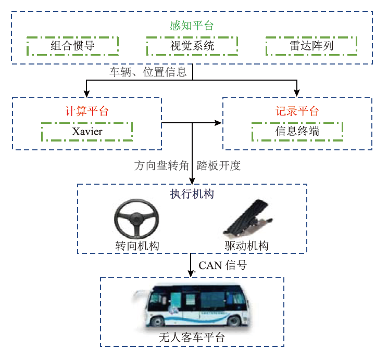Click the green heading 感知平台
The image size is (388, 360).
coord(192,25)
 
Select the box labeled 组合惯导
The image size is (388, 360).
coord(73,46)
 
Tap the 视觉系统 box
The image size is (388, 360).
coord(192,46)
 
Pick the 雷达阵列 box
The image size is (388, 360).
coord(311,46)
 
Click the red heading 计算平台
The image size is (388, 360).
coord(87,111)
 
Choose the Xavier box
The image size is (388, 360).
coord(87,131)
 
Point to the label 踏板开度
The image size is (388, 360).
coord(219,166)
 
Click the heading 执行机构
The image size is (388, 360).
coord(192,194)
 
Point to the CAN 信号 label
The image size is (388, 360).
coord(222,265)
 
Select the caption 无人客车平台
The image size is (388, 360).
coord(192,337)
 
